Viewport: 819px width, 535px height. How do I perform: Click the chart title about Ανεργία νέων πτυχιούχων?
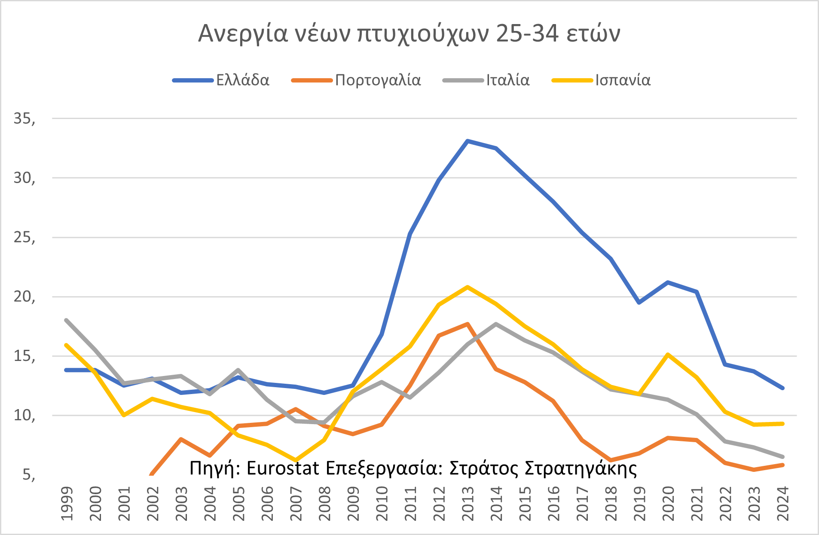click(409, 34)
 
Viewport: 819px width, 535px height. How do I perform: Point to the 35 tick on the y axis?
click(24, 119)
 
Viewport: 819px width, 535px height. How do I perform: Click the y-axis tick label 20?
click(24, 297)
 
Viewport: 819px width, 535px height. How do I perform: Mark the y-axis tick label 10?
click(24, 416)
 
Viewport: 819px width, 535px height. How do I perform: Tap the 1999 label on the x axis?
click(67, 504)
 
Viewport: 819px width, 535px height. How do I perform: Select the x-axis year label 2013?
click(468, 504)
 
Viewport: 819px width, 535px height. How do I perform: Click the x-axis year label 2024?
click(783, 504)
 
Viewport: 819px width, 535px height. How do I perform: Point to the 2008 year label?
click(324, 504)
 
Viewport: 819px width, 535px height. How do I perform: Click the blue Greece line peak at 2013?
click(468, 141)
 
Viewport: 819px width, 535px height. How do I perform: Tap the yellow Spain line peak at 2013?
click(468, 287)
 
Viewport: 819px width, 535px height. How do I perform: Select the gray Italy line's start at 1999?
click(66, 320)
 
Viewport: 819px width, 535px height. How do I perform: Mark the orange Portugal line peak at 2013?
click(468, 324)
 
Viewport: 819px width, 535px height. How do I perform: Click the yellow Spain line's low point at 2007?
click(296, 460)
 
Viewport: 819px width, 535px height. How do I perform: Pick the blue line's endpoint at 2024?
click(782, 388)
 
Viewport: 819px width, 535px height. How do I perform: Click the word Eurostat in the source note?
click(283, 468)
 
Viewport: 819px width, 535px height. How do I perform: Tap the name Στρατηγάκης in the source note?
click(581, 468)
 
